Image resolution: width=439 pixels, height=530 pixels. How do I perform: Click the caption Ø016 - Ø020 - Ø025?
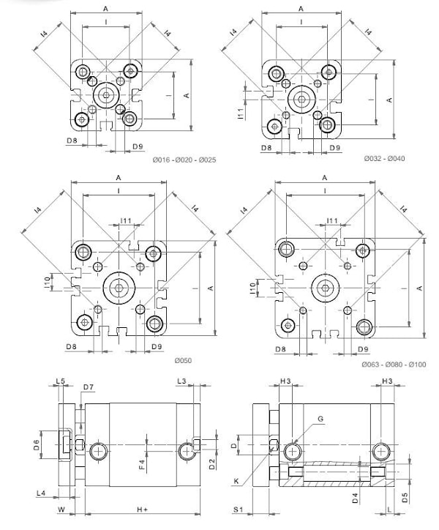184,160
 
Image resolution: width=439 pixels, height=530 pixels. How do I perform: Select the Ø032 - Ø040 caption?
384,159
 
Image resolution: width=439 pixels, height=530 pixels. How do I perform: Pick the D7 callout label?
88,387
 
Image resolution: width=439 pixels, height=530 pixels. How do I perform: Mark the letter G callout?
320,419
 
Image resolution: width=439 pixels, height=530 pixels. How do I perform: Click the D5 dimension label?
405,500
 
